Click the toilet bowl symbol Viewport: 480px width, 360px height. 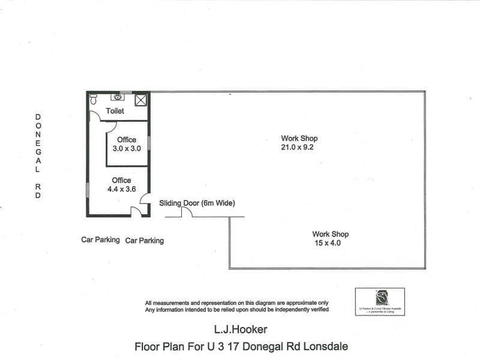click(x=93, y=101)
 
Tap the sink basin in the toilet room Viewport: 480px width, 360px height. click(x=118, y=97)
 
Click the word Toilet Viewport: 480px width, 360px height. click(x=115, y=112)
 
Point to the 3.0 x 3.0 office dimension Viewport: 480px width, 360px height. click(x=127, y=148)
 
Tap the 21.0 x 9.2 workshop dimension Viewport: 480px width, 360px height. click(x=298, y=147)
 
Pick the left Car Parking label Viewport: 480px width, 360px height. click(x=100, y=239)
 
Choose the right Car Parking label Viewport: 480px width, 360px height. click(x=144, y=241)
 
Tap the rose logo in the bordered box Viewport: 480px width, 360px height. click(x=379, y=298)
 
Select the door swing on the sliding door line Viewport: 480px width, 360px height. click(x=187, y=212)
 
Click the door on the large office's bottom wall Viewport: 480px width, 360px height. click(x=137, y=211)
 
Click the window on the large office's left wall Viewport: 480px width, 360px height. click(x=88, y=189)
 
